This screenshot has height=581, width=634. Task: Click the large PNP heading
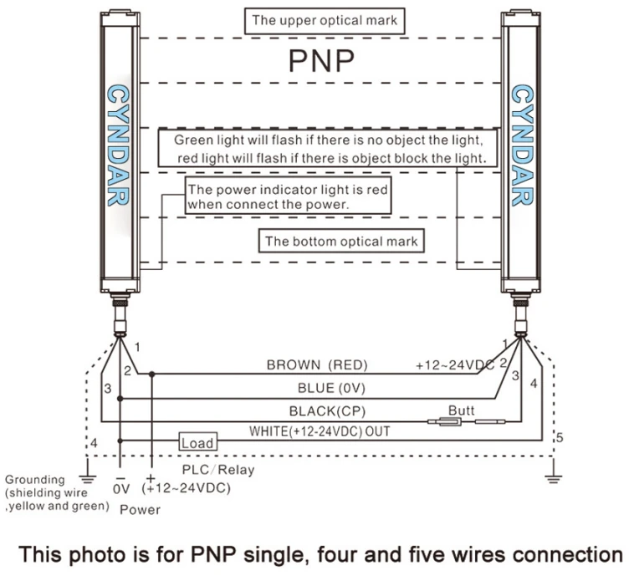[321, 60]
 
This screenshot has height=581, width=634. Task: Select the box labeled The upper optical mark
[325, 21]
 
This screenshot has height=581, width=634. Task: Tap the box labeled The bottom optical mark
[341, 242]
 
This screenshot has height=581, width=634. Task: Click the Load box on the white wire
[198, 441]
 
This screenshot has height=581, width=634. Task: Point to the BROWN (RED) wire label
[317, 364]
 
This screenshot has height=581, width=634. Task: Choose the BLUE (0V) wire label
[331, 388]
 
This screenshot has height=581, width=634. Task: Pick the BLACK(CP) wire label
[327, 411]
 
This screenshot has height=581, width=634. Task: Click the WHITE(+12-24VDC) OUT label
[320, 431]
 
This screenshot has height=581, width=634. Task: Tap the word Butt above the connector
[461, 410]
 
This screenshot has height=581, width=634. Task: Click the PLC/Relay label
[218, 470]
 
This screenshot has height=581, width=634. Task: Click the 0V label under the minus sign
[121, 489]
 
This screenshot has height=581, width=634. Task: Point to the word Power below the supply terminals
[140, 509]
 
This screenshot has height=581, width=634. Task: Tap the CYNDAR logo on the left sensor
[118, 145]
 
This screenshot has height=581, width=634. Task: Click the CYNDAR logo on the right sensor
[522, 145]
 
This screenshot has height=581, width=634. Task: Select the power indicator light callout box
[288, 196]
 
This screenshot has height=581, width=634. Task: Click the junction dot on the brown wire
[151, 375]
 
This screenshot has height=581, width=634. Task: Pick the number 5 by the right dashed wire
[560, 437]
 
